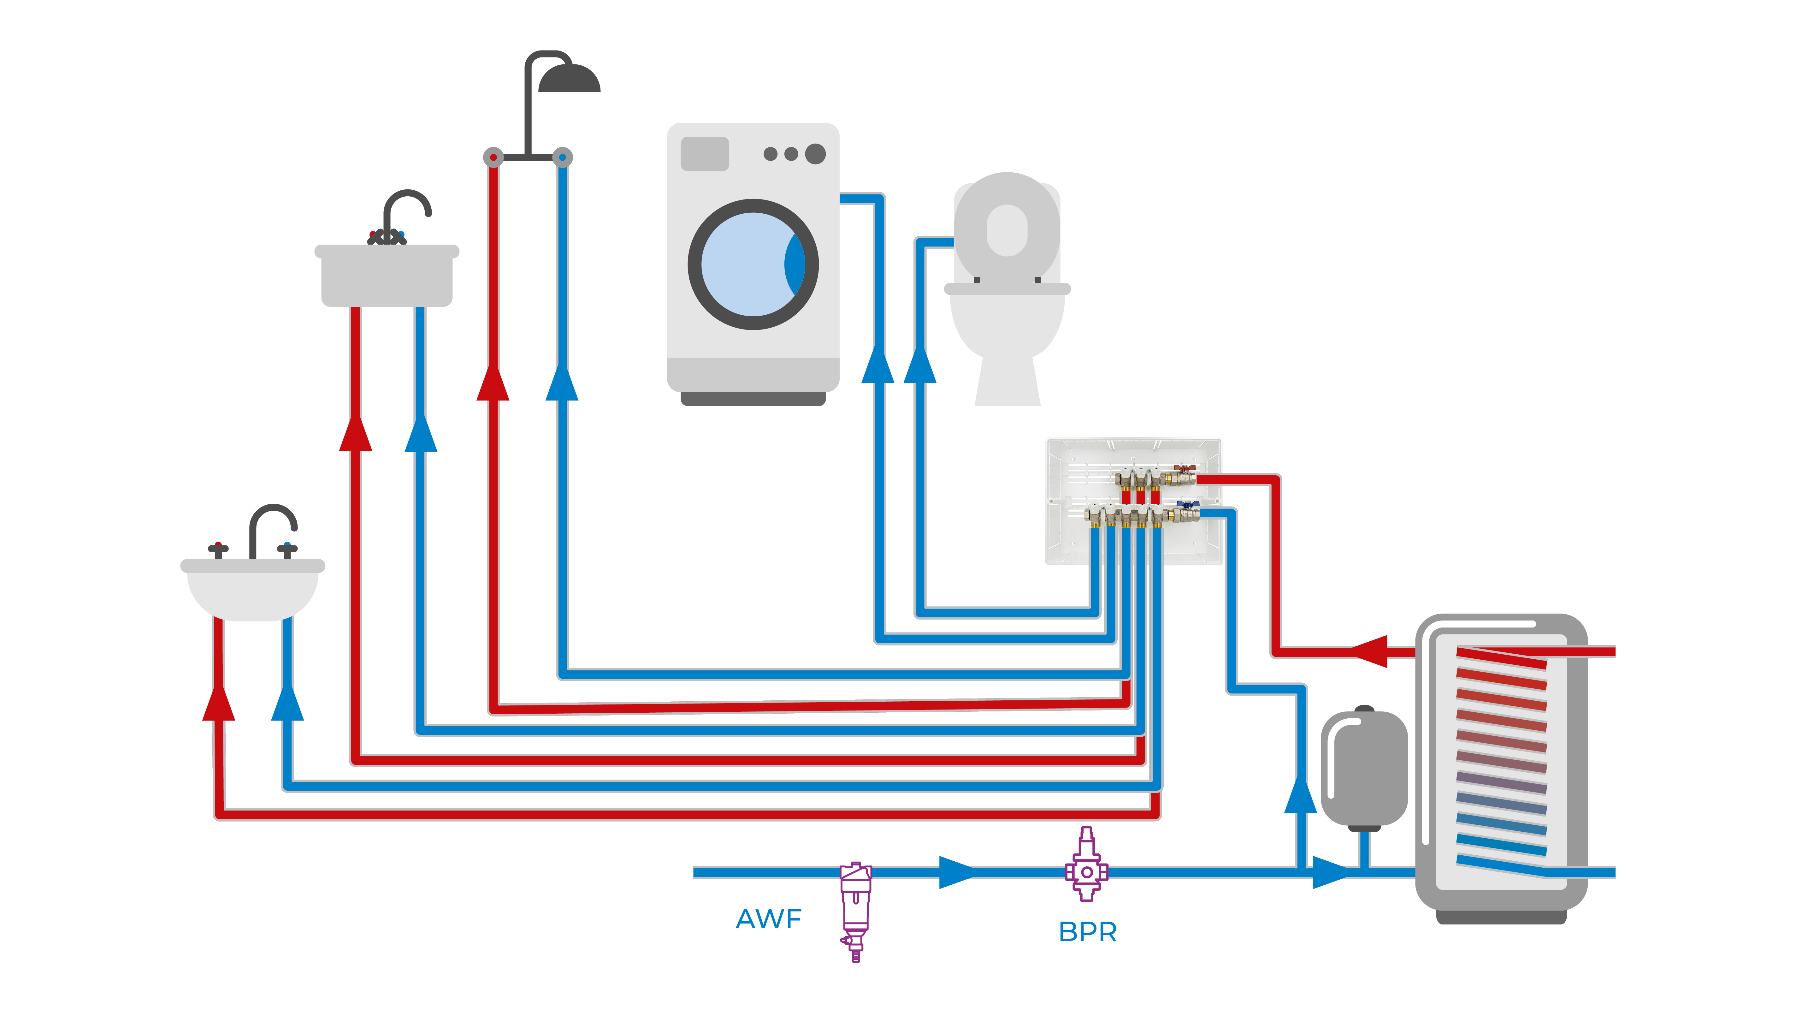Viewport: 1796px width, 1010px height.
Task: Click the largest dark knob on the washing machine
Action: (x=815, y=153)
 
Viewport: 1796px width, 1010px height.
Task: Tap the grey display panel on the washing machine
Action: (x=704, y=153)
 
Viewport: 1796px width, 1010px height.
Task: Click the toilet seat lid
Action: (x=1007, y=227)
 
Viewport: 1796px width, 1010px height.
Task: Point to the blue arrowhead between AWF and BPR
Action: (x=957, y=872)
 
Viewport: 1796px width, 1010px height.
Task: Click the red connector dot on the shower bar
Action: (x=493, y=157)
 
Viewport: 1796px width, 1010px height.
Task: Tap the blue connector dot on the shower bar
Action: (x=562, y=157)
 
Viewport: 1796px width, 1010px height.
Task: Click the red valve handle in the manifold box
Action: (x=1183, y=469)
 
